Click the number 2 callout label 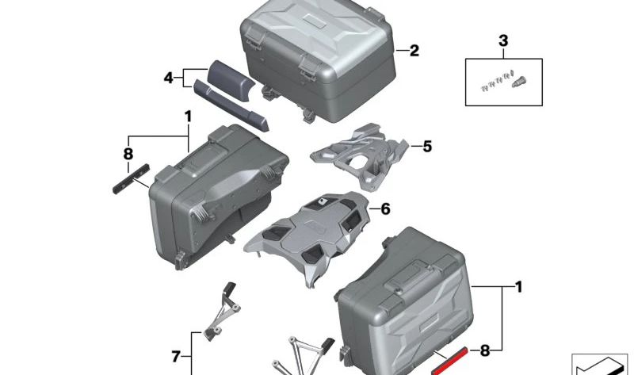414,52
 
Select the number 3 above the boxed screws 502,40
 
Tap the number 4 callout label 168,78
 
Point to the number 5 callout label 427,147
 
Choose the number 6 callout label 386,209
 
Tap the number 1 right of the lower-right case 518,285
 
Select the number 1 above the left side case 189,117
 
